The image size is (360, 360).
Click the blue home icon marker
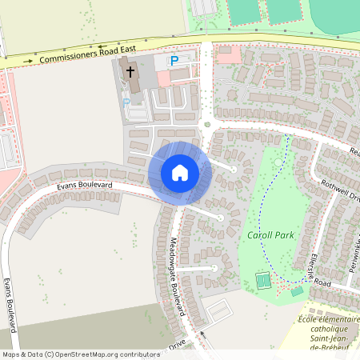[x=180, y=172]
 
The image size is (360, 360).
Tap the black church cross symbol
[x=130, y=70]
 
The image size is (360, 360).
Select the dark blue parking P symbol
[x=174, y=61]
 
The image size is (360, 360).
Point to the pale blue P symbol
[x=126, y=102]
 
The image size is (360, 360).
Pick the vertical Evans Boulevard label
[x=10, y=304]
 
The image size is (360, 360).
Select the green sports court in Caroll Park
[x=262, y=280]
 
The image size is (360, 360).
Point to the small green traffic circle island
[x=207, y=124]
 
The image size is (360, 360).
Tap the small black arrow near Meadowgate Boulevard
[x=202, y=334]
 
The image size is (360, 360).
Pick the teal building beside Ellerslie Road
[x=297, y=290]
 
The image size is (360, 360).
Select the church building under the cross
[x=131, y=78]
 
